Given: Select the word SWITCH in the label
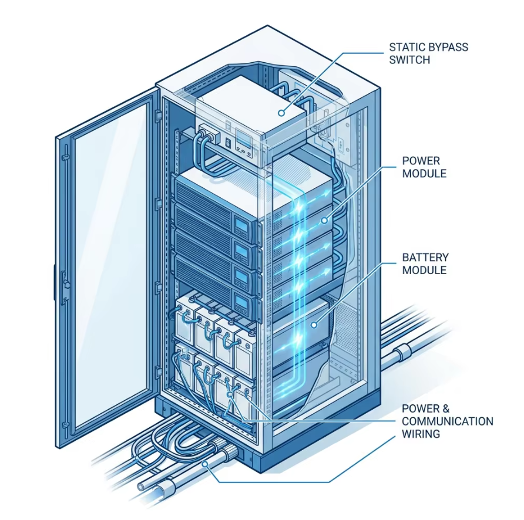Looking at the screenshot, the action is pos(409,60).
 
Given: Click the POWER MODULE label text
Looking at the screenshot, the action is pos(424,167).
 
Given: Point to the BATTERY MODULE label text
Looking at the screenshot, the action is pos(425,264).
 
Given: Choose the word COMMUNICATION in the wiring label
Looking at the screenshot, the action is pos(448,421).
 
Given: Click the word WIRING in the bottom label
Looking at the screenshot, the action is pos(421,434).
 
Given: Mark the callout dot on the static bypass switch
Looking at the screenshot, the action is pos(282,113).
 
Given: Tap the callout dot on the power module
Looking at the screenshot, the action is pos(324,220).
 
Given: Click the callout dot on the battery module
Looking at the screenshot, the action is pos(314,325).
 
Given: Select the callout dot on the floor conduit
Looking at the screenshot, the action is pos(205,464).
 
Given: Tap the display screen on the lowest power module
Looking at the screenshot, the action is pos(241,303).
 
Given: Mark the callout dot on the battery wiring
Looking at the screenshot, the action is pos(229,395).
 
